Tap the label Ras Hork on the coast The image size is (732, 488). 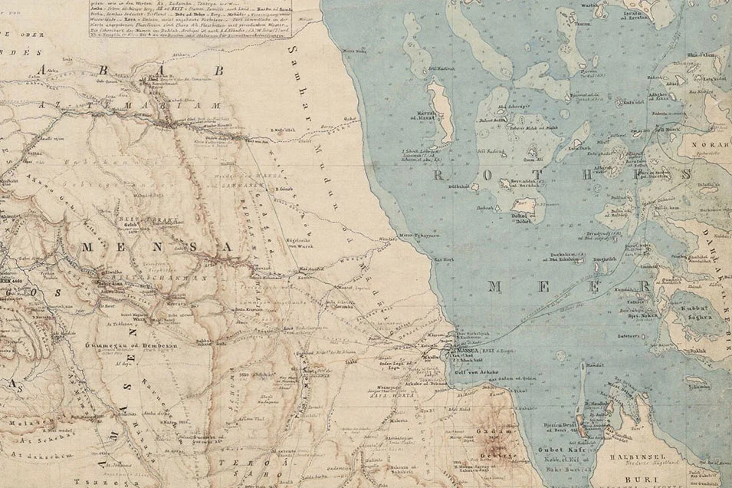tap(445, 260)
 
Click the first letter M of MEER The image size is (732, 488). tap(497, 287)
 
